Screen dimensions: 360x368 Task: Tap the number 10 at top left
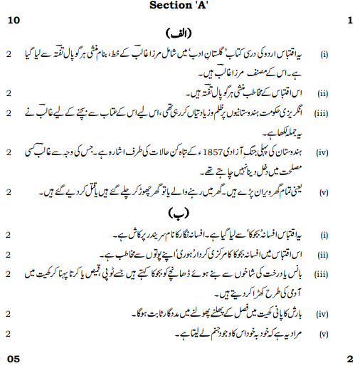click(x=13, y=21)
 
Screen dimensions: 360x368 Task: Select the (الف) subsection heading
click(x=177, y=33)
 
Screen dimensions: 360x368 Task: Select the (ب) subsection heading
click(x=177, y=212)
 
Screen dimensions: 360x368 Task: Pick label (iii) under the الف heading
click(x=322, y=112)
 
